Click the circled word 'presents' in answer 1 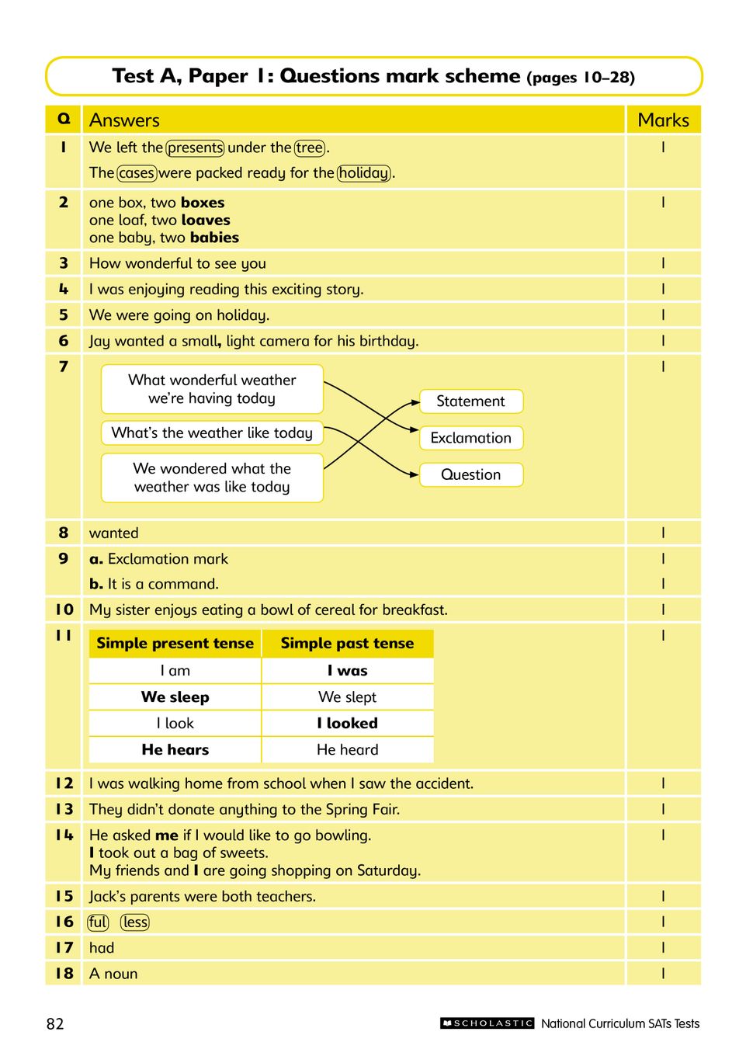coord(195,148)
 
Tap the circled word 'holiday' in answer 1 coord(364,173)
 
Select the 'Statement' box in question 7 coord(470,401)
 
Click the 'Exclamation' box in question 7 coord(470,438)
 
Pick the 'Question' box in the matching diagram coord(470,474)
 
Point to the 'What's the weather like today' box coord(212,432)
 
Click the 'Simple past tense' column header coord(347,643)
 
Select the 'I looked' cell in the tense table coord(347,723)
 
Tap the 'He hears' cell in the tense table coord(175,749)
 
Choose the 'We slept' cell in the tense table coord(347,696)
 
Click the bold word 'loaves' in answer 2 coord(206,221)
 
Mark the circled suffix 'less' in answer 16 coord(135,922)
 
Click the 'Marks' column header coord(663,120)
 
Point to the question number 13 coord(64,809)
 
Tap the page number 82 coord(55,1023)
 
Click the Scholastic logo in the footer coord(488,1023)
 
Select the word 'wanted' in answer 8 coord(114,533)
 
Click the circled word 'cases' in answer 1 coord(137,173)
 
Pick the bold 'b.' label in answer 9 coord(96,584)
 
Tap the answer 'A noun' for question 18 coord(113,974)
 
